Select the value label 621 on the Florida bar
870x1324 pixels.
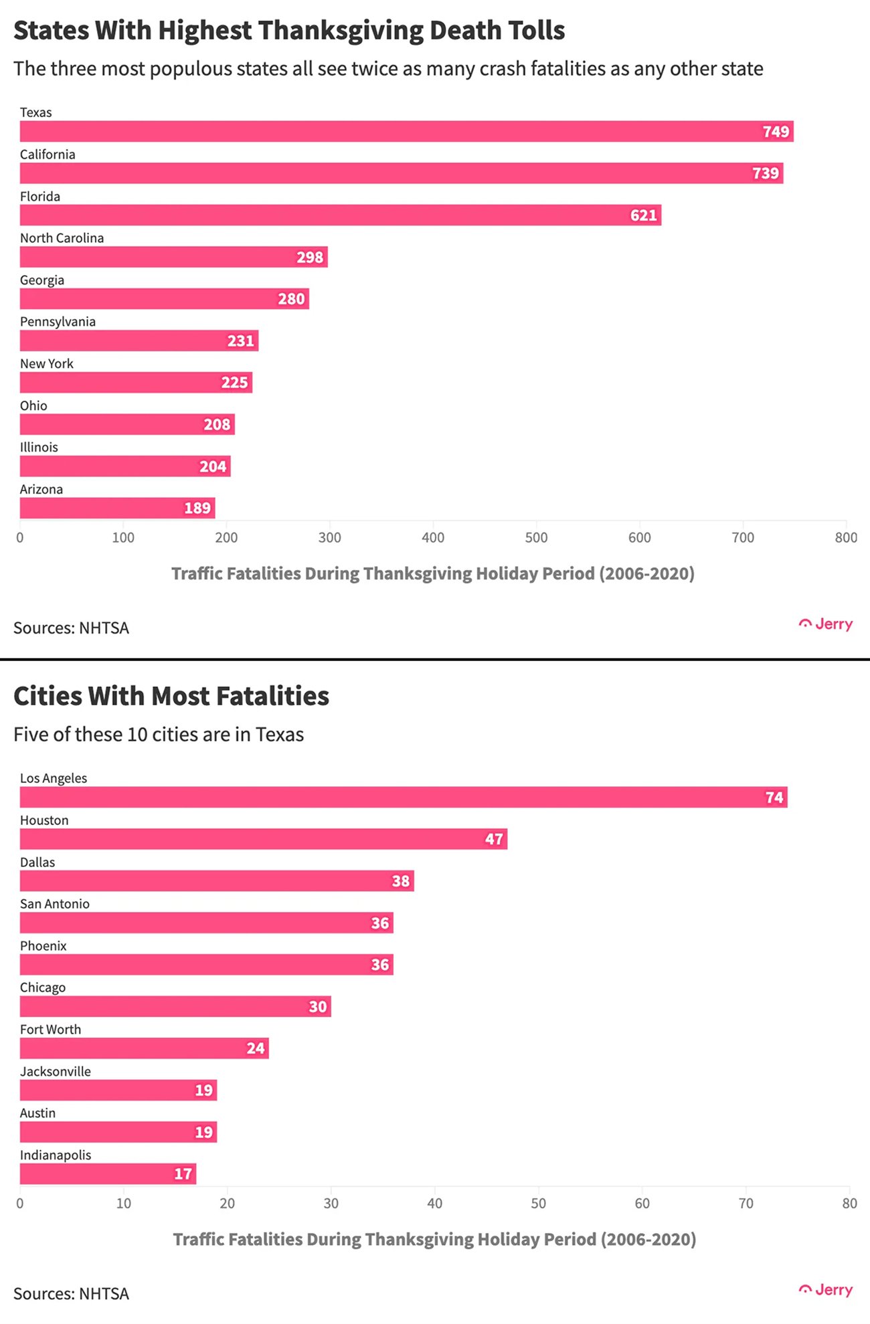(x=643, y=215)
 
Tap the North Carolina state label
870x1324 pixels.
(x=62, y=238)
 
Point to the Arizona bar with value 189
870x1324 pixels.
(x=117, y=508)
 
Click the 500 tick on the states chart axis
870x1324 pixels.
(x=536, y=537)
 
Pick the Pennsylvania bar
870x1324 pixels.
(x=139, y=341)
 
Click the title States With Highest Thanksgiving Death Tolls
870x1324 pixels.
(x=289, y=31)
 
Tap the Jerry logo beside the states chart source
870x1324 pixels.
(x=826, y=624)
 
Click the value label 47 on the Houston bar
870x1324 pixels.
(x=494, y=839)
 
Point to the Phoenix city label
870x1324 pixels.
(x=43, y=946)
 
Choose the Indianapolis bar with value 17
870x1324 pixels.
(x=108, y=1173)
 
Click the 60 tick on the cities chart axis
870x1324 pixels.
(x=642, y=1204)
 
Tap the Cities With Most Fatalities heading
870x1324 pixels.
(x=171, y=696)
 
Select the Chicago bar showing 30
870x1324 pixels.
(x=175, y=1006)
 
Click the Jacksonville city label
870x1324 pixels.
(x=56, y=1071)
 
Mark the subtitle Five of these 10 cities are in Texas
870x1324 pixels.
(x=159, y=735)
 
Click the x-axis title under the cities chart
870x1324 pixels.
(x=434, y=1239)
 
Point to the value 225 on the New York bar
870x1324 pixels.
(x=234, y=383)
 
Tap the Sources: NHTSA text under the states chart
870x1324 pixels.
(x=71, y=628)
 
